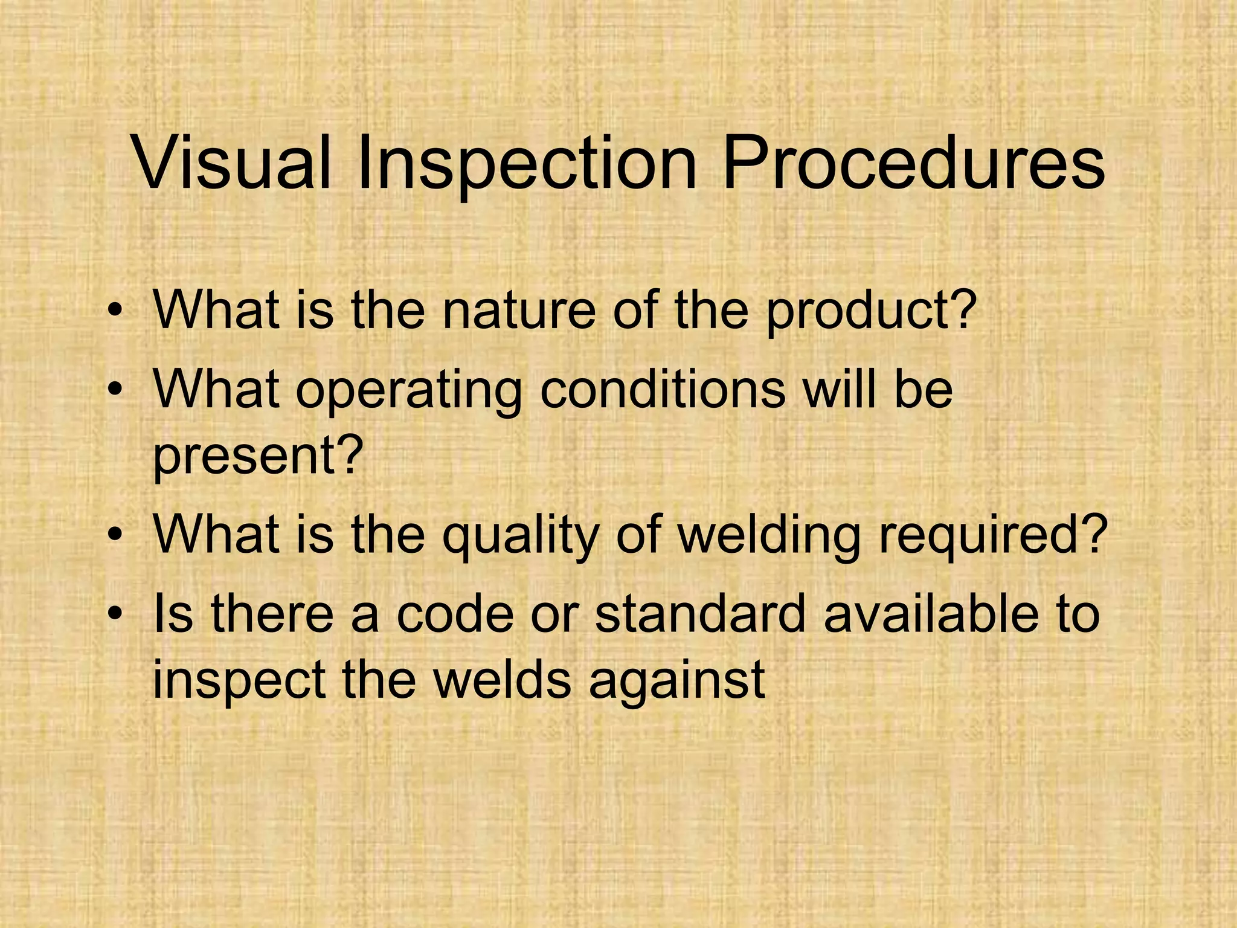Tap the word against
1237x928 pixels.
click(676, 681)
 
